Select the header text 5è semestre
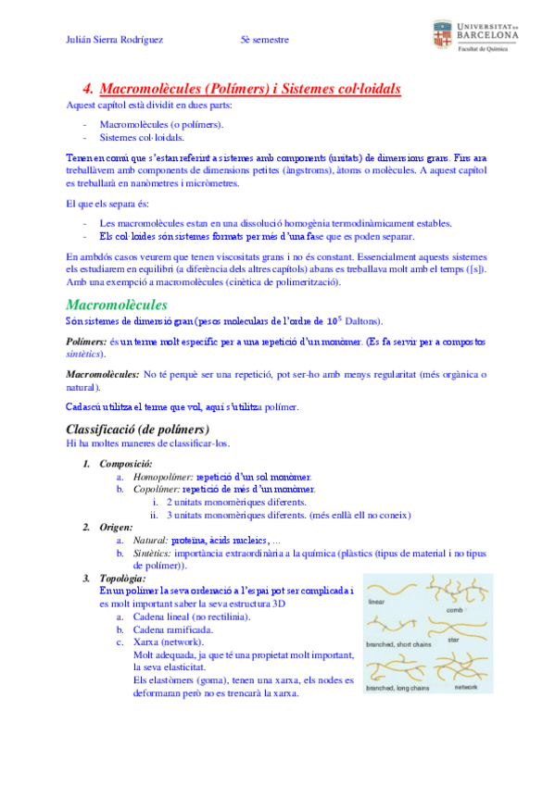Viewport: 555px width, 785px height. pyautogui.click(x=265, y=40)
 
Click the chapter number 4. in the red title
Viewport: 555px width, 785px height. pyautogui.click(x=88, y=89)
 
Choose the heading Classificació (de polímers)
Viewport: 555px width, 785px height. pyautogui.click(x=138, y=429)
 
